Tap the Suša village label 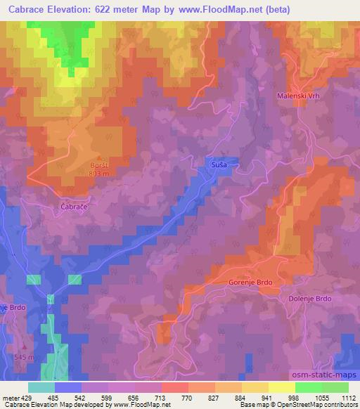tap(218, 164)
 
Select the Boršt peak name tap(98, 164)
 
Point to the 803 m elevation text tap(99, 172)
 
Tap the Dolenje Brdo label tap(310, 298)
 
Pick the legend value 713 tap(161, 397)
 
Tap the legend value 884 tap(241, 397)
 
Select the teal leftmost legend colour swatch tap(41, 387)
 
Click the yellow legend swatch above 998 tap(281, 387)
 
